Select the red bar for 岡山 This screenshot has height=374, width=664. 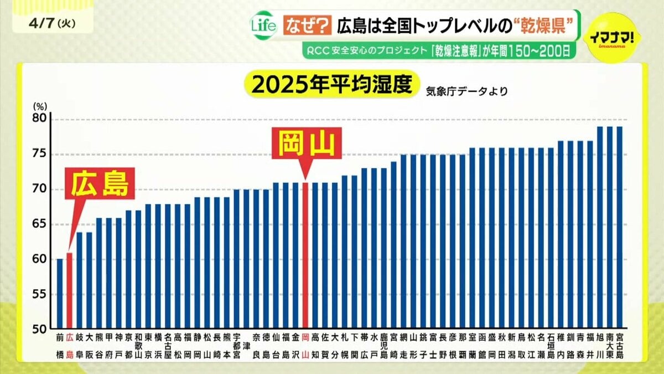[x=305, y=254]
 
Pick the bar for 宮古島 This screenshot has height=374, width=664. [x=620, y=227]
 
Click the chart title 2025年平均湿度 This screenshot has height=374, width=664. [x=332, y=85]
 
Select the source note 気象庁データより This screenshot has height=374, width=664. [x=466, y=90]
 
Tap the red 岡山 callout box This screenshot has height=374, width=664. [x=306, y=144]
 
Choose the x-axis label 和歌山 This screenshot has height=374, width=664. [x=138, y=346]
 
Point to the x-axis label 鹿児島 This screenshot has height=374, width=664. [x=384, y=346]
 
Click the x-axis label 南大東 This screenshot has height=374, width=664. [x=610, y=346]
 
